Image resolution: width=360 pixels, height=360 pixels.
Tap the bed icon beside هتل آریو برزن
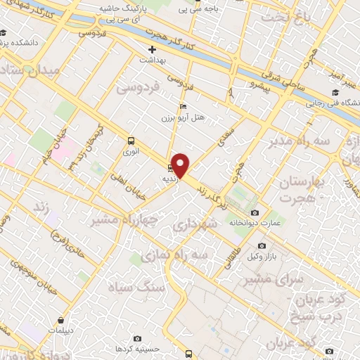[184, 106]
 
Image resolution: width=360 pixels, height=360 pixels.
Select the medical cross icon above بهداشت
[152, 50]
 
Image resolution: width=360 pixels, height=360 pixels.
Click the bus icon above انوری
[130, 139]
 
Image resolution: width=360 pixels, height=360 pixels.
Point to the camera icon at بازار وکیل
[262, 246]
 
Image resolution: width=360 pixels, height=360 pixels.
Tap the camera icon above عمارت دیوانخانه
[254, 212]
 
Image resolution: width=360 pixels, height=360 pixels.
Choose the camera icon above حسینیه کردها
[137, 339]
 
